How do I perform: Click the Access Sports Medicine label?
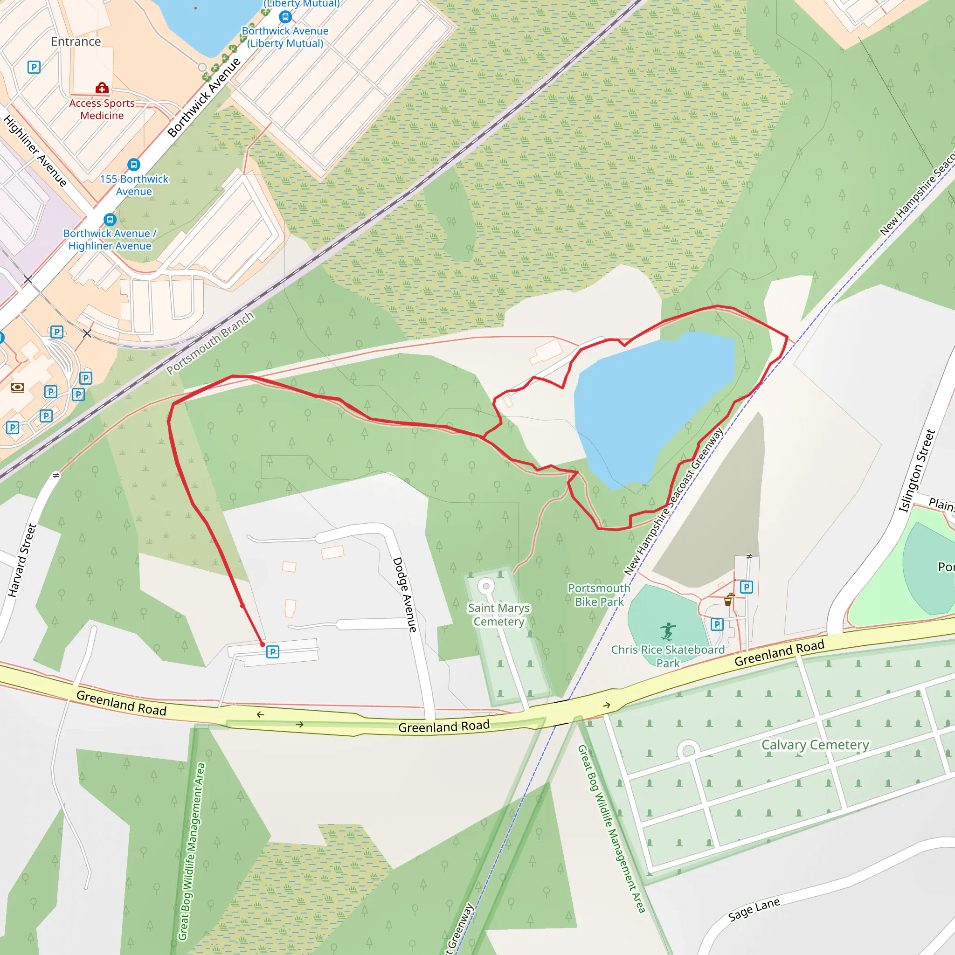(x=102, y=109)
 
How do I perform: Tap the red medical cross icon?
(x=102, y=89)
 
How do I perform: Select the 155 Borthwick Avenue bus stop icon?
(x=133, y=164)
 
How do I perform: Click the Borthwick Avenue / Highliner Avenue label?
(x=110, y=239)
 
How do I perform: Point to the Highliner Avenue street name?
(x=35, y=151)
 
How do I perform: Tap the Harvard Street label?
(x=22, y=561)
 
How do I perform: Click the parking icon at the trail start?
(x=272, y=652)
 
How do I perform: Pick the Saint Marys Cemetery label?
(x=499, y=615)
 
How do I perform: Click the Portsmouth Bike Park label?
(x=599, y=595)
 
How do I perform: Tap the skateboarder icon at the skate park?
(x=668, y=631)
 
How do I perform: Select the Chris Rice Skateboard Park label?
(x=668, y=656)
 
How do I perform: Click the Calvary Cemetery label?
(x=815, y=744)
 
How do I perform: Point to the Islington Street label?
(x=917, y=471)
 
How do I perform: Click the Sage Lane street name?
(x=754, y=909)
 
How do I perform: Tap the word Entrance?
(x=76, y=42)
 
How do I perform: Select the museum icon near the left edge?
(x=18, y=388)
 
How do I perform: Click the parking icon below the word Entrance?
(x=34, y=67)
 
